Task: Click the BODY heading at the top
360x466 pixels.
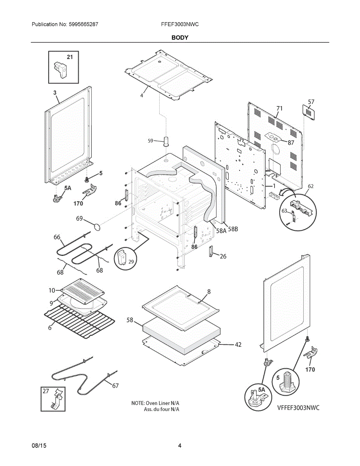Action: coord(180,38)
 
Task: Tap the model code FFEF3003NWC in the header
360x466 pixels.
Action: coord(180,24)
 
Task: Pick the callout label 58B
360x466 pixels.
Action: coord(233,229)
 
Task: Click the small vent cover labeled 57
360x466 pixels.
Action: coord(308,111)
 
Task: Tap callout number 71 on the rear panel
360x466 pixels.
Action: coord(279,108)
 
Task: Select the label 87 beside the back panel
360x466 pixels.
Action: coord(290,143)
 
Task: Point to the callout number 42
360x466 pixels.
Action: coord(238,344)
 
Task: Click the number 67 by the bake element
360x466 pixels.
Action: coord(115,386)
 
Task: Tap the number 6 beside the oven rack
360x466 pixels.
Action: coord(50,328)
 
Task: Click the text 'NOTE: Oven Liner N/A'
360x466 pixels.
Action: coord(158,403)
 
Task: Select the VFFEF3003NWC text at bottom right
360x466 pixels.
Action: coord(298,408)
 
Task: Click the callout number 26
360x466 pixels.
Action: coord(223,256)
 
